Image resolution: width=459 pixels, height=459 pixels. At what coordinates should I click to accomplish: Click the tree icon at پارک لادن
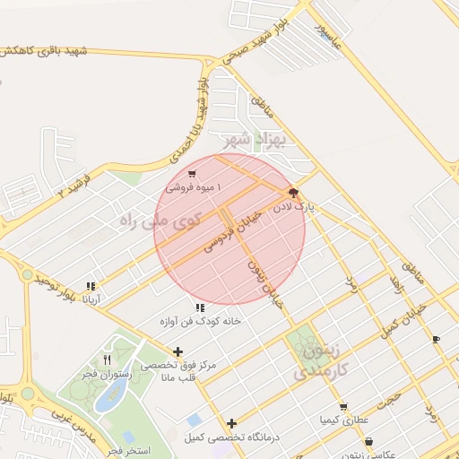click(292, 193)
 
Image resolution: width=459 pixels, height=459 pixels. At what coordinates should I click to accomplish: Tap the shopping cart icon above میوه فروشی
click(192, 174)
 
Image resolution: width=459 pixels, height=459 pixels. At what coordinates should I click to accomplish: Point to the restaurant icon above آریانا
click(91, 286)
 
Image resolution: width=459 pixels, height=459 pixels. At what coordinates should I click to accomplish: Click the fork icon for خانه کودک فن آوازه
click(199, 307)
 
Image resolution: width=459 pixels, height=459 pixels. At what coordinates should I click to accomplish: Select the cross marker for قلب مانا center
click(178, 351)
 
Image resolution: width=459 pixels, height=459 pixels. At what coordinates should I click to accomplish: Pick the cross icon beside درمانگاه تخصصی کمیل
click(231, 423)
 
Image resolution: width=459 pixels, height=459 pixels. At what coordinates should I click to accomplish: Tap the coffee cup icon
click(436, 339)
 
